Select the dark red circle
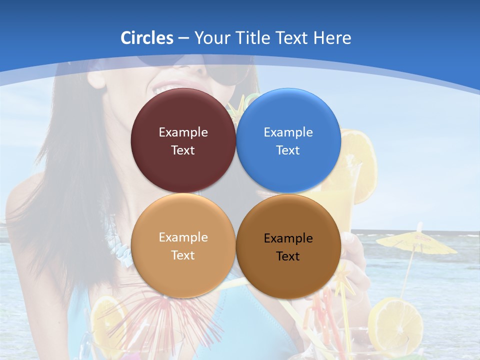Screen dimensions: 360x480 pos(183,140)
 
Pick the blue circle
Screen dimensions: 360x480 pos(288,140)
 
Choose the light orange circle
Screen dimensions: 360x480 pos(183,245)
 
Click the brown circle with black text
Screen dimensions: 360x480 pos(288,246)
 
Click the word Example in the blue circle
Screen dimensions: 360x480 pos(288,132)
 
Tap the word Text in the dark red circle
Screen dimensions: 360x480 pos(183,150)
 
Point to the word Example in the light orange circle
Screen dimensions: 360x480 pos(183,237)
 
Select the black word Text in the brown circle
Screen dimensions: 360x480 pos(288,256)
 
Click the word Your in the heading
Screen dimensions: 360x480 pos(210,38)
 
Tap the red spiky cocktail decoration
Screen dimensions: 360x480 pos(165,310)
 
